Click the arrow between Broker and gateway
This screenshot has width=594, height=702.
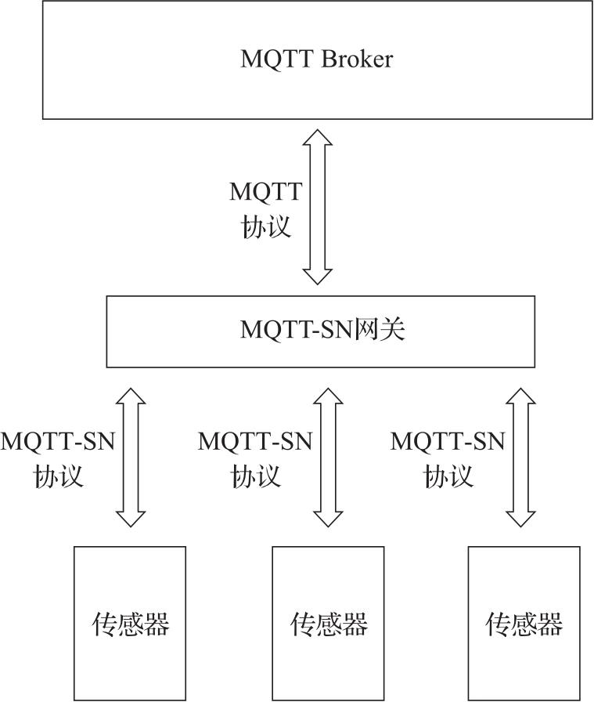(319, 207)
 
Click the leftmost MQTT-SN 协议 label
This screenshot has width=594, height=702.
(58, 458)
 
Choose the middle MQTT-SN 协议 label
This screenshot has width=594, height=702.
(255, 458)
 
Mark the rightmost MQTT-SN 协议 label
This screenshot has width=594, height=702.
(448, 458)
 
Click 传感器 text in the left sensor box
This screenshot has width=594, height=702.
(131, 624)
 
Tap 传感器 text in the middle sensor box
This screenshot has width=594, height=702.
(329, 624)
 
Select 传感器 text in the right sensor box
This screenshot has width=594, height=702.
(524, 624)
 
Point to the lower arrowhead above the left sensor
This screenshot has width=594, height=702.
(131, 518)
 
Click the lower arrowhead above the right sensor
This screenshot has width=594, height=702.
(520, 518)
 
